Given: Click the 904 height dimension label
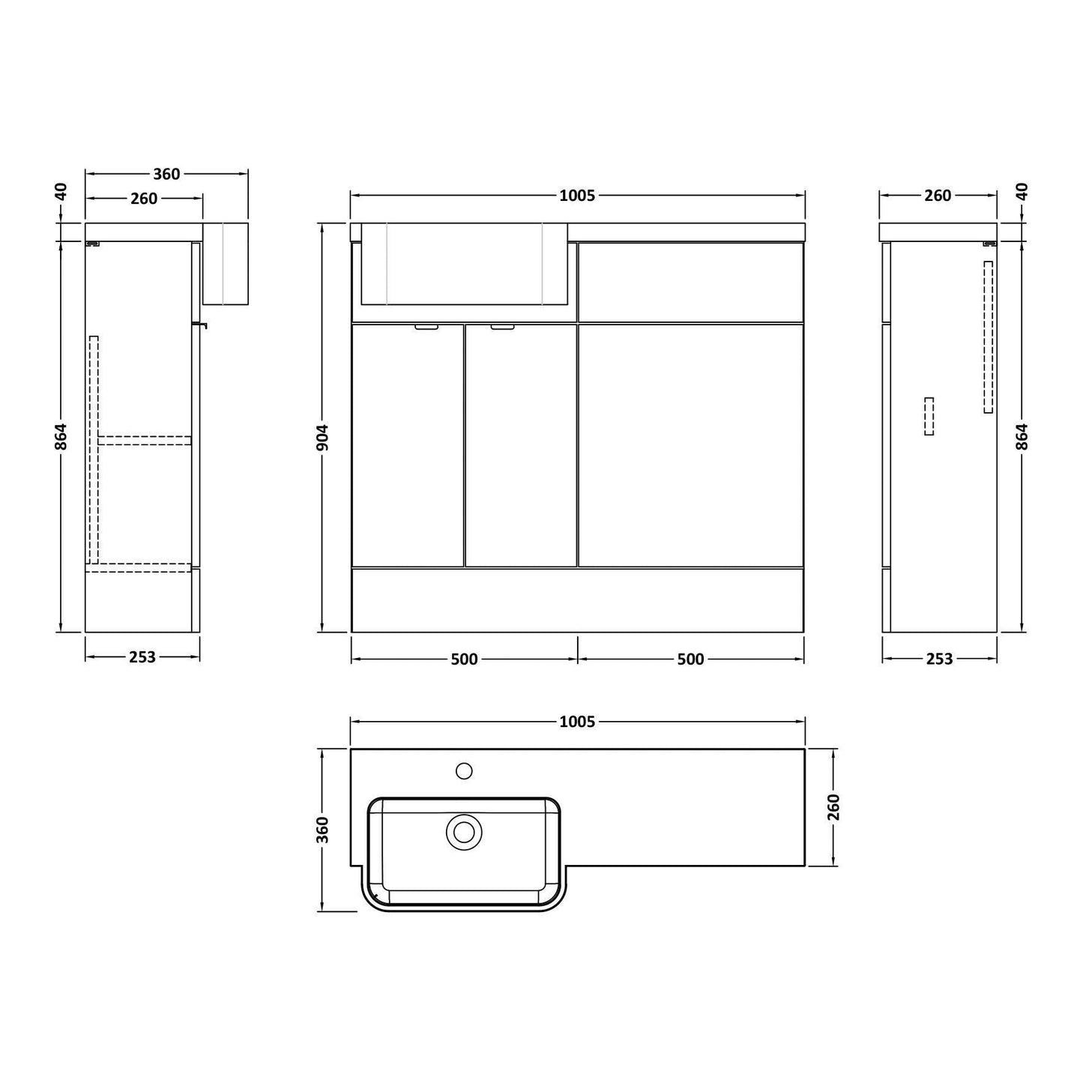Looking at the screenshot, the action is point(322,438).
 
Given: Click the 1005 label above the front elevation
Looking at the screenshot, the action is point(577,196).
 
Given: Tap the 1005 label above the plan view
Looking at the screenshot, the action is point(577,722).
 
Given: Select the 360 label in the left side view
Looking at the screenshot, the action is point(166,174).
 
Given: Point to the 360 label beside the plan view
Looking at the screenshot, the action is point(322,830).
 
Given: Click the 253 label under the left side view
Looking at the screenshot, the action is point(142,657).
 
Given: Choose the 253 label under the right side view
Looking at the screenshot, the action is point(939,659).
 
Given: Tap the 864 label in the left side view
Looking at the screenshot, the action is point(61,437).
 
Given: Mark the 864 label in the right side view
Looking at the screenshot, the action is point(1022,437).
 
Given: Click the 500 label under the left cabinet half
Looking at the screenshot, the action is point(464,660).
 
